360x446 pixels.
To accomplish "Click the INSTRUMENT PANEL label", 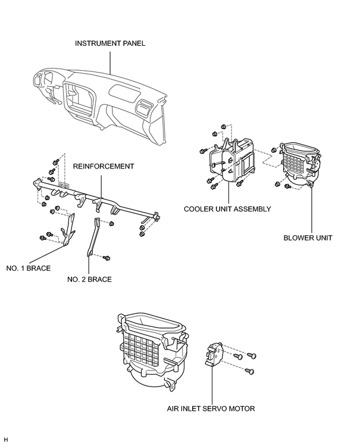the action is [x=110, y=43].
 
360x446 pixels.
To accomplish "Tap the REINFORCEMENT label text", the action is [x=104, y=166].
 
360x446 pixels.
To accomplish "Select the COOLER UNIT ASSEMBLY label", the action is [x=227, y=209].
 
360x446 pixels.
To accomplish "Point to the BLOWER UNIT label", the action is [x=308, y=238].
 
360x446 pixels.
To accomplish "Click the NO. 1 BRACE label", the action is [x=29, y=268].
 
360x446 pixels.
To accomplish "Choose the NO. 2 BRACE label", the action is [x=89, y=279].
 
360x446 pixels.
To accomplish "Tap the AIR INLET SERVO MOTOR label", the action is [x=211, y=408].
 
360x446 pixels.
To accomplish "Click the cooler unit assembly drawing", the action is [x=233, y=160].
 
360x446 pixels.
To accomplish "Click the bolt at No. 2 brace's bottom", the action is [x=107, y=258].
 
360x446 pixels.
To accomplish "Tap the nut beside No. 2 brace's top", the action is [x=112, y=223].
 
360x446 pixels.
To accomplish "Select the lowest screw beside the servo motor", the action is [x=250, y=371].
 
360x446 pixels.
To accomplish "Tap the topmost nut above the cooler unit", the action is [x=224, y=126].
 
